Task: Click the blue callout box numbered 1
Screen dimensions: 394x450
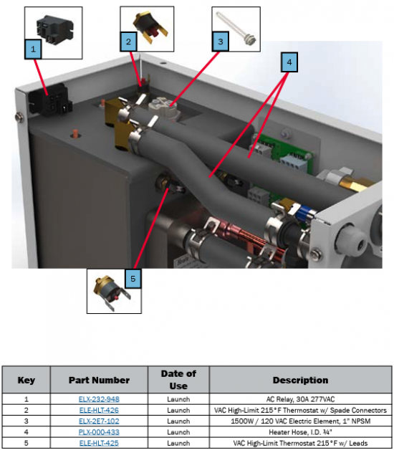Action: pos(33,49)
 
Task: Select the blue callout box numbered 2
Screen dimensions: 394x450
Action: pos(128,42)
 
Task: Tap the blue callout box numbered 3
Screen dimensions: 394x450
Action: pos(221,42)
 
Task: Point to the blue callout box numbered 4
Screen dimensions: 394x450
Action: pos(289,62)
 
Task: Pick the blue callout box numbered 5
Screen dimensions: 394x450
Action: pos(133,279)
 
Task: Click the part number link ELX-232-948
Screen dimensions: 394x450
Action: pos(99,399)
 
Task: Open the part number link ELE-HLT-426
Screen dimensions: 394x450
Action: pos(99,410)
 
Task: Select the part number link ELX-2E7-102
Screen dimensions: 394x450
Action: pos(99,421)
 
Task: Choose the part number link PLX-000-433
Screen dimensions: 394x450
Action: pos(99,432)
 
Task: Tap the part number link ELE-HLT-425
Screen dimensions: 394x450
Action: pos(99,443)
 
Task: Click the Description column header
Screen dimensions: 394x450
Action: pos(300,380)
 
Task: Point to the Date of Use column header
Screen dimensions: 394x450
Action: pos(178,380)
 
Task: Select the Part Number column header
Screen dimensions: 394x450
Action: pos(99,380)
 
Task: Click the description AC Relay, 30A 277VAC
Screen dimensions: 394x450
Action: pos(300,399)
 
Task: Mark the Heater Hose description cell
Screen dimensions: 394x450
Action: pos(300,432)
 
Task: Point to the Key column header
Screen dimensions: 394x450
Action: pos(26,380)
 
